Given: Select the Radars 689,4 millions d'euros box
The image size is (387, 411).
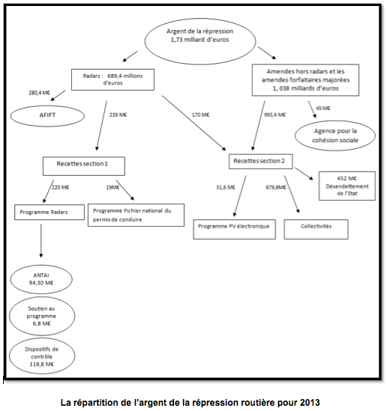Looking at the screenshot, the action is coord(113,79).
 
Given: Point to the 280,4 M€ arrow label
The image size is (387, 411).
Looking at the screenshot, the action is coord(39,93).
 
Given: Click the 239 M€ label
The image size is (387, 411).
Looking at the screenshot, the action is coord(118,115).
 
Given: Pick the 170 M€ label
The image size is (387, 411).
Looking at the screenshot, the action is coord(200,115).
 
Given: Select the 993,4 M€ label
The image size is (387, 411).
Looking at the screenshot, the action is coord(274,115).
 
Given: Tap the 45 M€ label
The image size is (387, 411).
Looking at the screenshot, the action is coord(323,108).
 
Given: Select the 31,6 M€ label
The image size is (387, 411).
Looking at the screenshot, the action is coord(226,187).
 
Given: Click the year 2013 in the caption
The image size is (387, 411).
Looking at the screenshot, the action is coord(310,402).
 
